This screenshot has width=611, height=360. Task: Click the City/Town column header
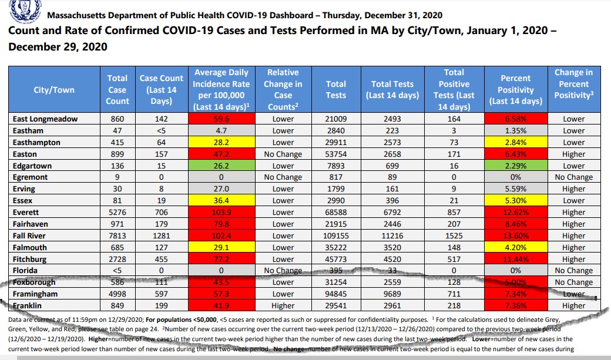(x=53, y=90)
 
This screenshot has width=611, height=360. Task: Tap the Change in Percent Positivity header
(x=573, y=84)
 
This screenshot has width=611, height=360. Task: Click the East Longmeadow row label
(x=45, y=119)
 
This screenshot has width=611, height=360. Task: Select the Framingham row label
(x=35, y=294)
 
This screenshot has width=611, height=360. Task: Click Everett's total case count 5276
(x=117, y=212)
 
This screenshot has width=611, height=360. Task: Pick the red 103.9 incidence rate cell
(x=221, y=212)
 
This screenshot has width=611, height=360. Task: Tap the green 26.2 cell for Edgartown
(x=221, y=166)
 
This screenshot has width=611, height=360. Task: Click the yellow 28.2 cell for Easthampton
(x=221, y=142)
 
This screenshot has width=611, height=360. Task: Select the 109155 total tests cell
(x=336, y=235)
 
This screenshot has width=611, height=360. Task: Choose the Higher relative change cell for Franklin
(x=283, y=305)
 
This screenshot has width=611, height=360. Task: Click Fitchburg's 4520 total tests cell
(x=392, y=259)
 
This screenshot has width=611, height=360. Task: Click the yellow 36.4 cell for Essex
(x=221, y=200)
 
